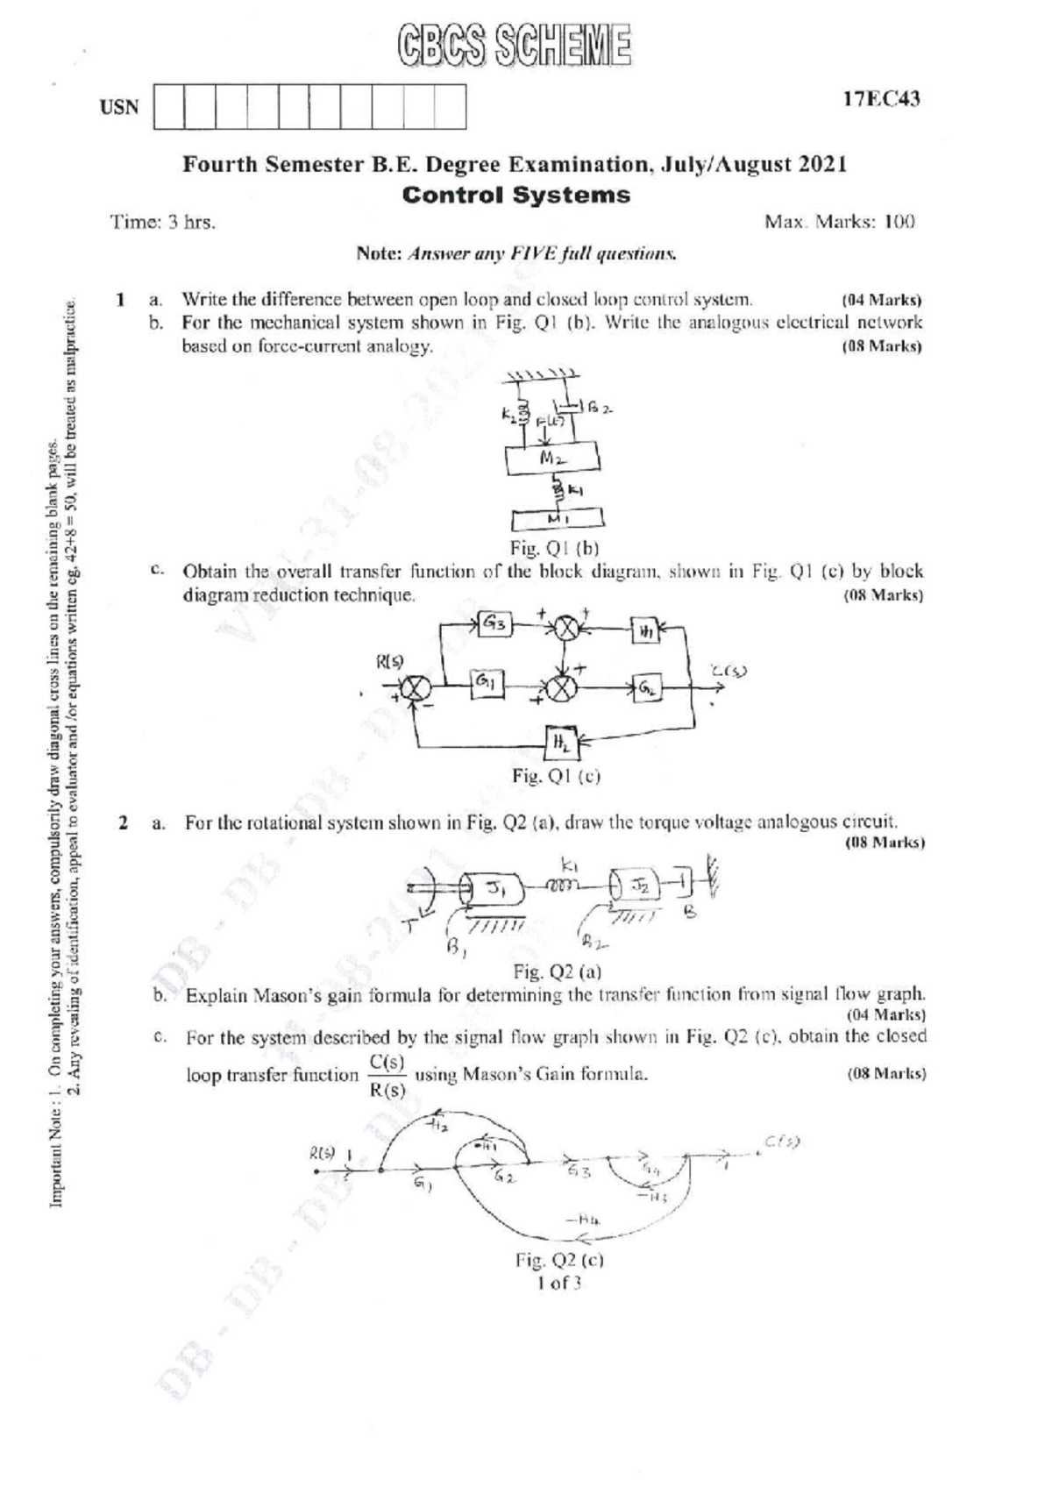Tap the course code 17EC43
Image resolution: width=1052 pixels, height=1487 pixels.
[881, 99]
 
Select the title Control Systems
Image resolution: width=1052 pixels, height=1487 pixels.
[515, 195]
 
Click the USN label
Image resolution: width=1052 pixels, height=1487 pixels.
[119, 108]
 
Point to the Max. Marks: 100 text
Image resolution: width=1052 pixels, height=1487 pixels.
[839, 222]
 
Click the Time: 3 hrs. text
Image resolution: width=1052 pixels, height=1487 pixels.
[164, 223]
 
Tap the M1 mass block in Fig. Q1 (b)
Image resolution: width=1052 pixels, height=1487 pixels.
[556, 520]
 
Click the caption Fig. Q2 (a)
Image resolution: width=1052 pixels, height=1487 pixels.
[557, 971]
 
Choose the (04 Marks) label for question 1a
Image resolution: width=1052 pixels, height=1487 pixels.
[881, 300]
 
